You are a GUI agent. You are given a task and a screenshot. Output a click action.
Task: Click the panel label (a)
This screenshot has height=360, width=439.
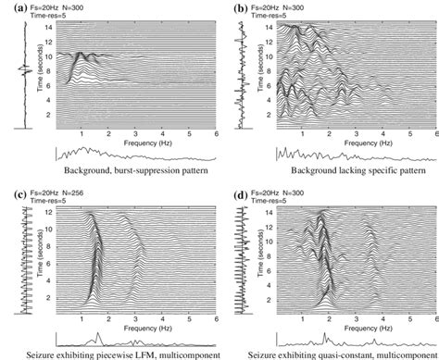click(10, 6)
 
